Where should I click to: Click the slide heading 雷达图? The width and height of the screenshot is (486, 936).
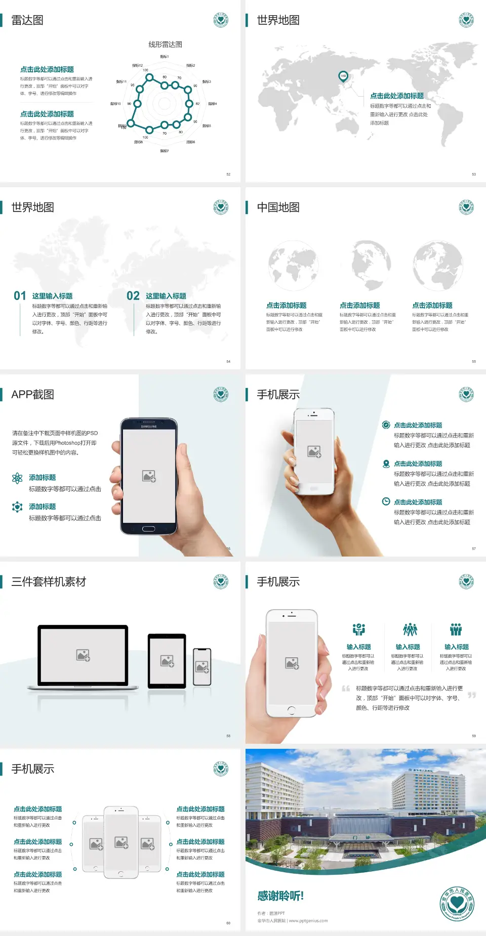coord(27,20)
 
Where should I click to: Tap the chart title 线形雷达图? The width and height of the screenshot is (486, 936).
coord(165,45)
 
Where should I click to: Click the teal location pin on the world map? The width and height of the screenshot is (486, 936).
coord(343,76)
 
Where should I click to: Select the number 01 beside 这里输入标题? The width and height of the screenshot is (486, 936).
coord(20,296)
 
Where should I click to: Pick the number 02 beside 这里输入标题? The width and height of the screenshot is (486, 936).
coord(133,296)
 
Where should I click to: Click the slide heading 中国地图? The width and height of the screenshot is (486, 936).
coord(278,207)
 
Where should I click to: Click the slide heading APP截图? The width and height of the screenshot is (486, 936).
coord(32,395)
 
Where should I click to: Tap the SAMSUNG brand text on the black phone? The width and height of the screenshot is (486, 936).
coord(149,427)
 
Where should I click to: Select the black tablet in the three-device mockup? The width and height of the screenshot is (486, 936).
coord(167,661)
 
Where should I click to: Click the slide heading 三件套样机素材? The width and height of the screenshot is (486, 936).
coord(49,582)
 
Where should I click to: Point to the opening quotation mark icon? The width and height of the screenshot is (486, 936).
coord(346,689)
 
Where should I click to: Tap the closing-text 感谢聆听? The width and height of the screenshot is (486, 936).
coord(280,896)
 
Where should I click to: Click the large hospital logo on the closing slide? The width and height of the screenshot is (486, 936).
coord(457,904)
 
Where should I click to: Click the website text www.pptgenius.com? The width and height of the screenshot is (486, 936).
coord(308,921)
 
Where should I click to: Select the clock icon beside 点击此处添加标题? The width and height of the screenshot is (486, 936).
coord(386,501)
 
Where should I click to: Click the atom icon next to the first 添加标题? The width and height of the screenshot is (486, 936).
coord(17,478)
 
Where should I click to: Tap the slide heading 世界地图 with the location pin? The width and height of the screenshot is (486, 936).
coord(278,20)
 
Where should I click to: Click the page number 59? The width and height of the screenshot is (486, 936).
coord(474,736)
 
